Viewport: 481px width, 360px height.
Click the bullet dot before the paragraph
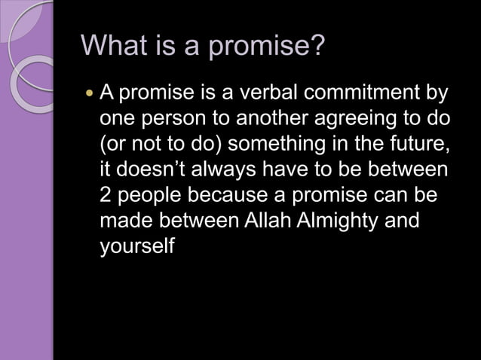[x=90, y=96]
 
